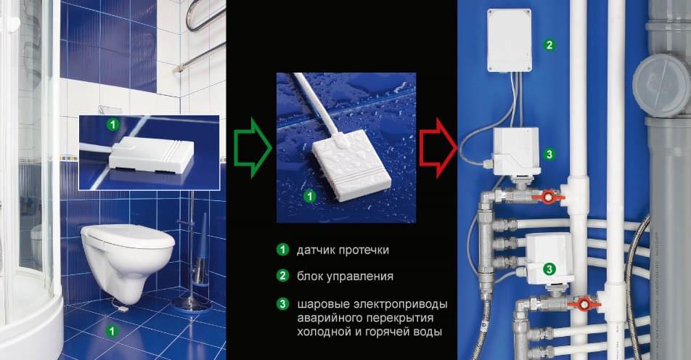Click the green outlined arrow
(x=253, y=147)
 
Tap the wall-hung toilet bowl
(x=127, y=261)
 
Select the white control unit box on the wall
(x=509, y=40)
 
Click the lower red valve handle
(x=584, y=303)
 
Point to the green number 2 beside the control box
(x=549, y=44)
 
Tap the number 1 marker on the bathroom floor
(x=112, y=330)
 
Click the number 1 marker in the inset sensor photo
(x=113, y=125)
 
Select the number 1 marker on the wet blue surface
(x=310, y=196)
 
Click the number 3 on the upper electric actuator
(x=549, y=154)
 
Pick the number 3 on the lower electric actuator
(x=549, y=269)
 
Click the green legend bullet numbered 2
(x=282, y=276)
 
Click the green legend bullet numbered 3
(x=282, y=303)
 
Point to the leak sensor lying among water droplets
(x=351, y=165)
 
